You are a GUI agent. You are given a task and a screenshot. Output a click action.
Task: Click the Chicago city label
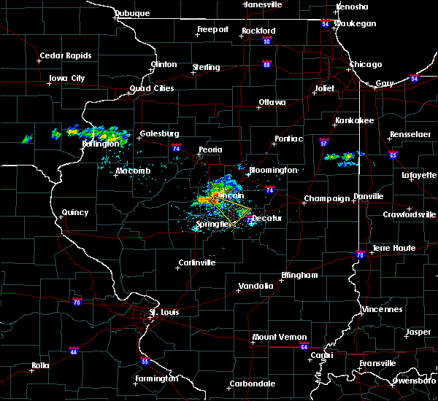(x=365, y=65)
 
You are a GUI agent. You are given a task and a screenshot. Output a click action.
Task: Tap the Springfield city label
(x=213, y=225)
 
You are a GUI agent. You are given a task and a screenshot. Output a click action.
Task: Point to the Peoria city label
(x=210, y=149)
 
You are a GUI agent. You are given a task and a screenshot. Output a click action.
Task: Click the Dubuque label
(x=133, y=13)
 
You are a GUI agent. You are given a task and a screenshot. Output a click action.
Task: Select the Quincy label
(x=74, y=213)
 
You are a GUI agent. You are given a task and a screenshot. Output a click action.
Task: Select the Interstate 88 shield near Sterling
(x=266, y=64)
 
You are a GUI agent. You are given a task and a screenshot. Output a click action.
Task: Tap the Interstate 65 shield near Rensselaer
(x=393, y=155)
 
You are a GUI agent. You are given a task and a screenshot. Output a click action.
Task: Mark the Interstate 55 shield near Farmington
(x=145, y=361)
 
